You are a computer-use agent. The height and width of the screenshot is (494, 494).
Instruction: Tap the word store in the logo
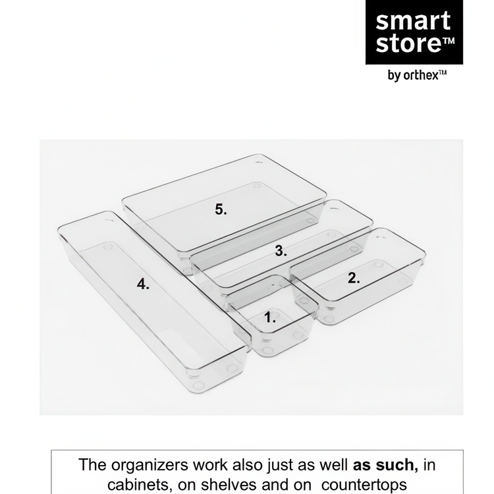407,44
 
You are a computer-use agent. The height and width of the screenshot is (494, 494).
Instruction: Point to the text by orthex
417,76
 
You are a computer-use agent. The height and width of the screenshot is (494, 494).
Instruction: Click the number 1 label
270,317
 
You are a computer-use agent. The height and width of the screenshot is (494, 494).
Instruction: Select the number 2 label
354,278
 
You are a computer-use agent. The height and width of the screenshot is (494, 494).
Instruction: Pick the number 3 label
281,250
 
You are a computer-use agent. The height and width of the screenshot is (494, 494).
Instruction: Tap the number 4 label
143,284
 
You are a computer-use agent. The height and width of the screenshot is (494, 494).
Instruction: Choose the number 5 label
221,209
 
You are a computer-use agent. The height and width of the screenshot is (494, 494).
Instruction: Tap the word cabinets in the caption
136,485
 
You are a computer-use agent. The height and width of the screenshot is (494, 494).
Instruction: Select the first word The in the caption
92,465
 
